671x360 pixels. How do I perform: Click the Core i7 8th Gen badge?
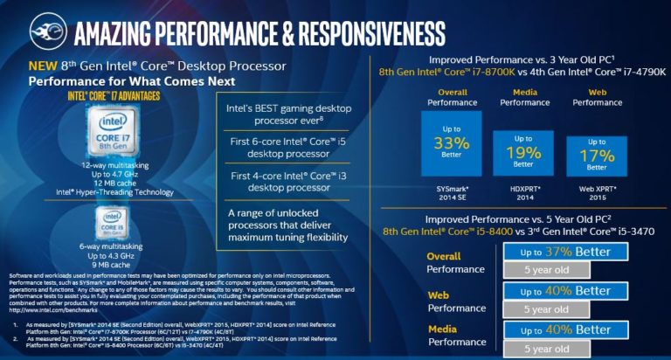115,135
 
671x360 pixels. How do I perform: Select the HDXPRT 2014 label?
523,193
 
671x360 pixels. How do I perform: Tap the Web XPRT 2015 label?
597,193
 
